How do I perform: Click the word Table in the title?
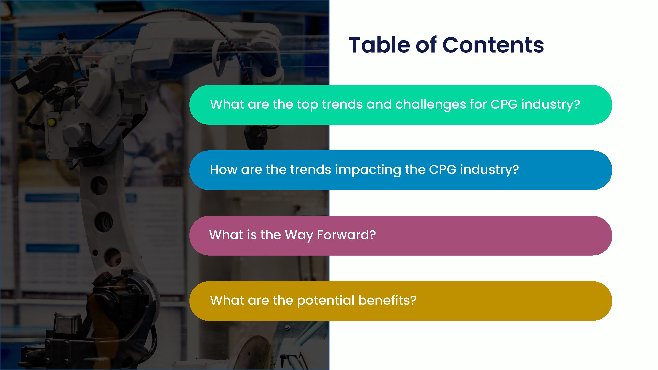(379, 45)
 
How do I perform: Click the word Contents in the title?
(493, 45)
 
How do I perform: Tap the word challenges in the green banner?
(431, 105)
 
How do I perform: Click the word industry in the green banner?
(548, 105)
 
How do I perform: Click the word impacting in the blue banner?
(368, 170)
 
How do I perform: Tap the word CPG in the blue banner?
(443, 170)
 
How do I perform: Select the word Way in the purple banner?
(299, 235)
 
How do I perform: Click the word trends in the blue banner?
(311, 170)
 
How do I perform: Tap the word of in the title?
(426, 45)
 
